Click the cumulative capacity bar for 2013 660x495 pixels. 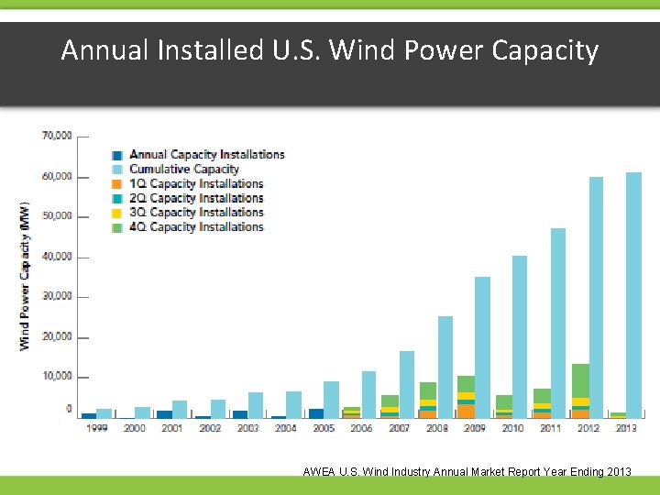633,293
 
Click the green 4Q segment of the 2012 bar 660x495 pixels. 580,380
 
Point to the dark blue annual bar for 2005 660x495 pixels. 316,413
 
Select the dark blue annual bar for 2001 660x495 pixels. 164,414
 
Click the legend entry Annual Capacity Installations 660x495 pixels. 206,155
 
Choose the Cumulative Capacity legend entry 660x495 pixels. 183,169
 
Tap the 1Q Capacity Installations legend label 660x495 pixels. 196,183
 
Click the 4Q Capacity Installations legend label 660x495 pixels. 196,226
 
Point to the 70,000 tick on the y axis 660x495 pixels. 57,136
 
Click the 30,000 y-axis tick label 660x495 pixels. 57,297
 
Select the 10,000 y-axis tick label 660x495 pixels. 57,377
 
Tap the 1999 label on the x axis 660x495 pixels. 96,428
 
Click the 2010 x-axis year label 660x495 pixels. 512,428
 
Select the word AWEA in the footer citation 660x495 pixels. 319,472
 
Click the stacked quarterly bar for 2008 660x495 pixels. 428,401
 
